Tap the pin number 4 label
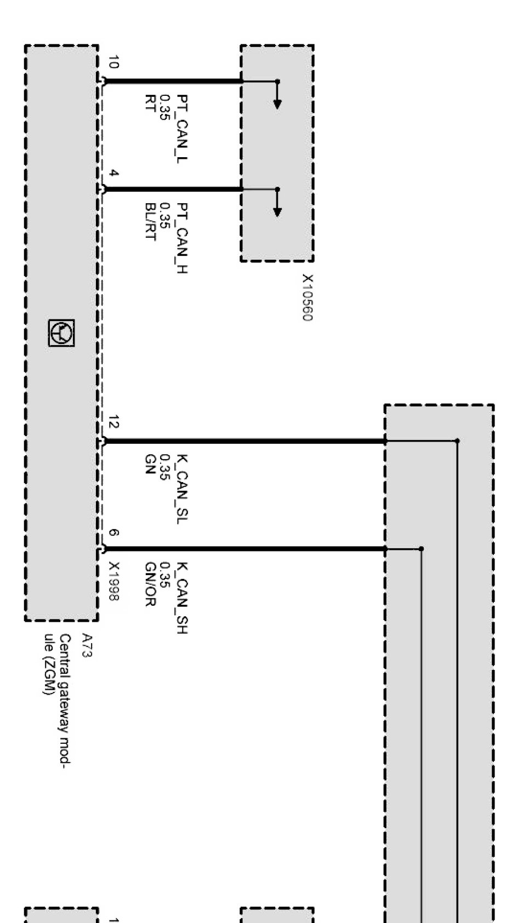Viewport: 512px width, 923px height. click(113, 173)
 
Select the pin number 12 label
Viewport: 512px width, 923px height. click(113, 422)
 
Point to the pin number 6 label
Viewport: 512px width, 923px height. click(113, 532)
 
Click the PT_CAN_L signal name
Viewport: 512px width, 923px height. click(182, 129)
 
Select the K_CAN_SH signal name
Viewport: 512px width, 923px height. click(182, 598)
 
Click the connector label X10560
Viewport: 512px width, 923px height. click(308, 297)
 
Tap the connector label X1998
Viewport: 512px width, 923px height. click(113, 581)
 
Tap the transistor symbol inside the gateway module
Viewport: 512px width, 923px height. click(61, 332)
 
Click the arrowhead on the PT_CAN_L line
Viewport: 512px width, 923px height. click(277, 104)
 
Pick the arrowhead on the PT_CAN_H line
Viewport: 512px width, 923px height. click(277, 211)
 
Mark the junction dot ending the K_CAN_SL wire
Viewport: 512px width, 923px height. click(457, 440)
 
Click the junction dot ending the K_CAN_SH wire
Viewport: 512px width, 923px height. click(421, 548)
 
